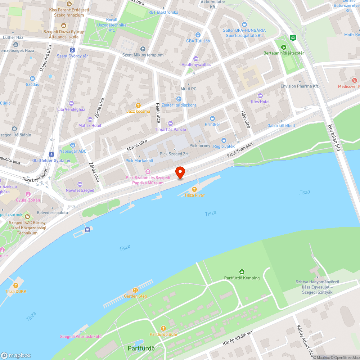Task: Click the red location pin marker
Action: coord(180,173)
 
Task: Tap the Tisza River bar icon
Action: coord(194,189)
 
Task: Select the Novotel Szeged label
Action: coord(80,190)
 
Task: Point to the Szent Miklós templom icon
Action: coord(143,49)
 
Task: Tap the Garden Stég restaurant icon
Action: coord(135,290)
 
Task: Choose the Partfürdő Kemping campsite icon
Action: coord(242,272)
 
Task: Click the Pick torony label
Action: coord(199,146)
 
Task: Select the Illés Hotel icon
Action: coord(260,96)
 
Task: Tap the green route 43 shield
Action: coord(293,38)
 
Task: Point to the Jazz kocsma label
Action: coord(138,112)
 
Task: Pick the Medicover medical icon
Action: coord(355,80)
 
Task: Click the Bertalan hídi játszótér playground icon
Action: coord(284,47)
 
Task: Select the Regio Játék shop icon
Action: coord(224,140)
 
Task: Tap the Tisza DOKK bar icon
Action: coord(16,285)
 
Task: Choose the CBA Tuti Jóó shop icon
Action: coord(198,35)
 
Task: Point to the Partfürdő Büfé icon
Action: coord(163,328)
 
